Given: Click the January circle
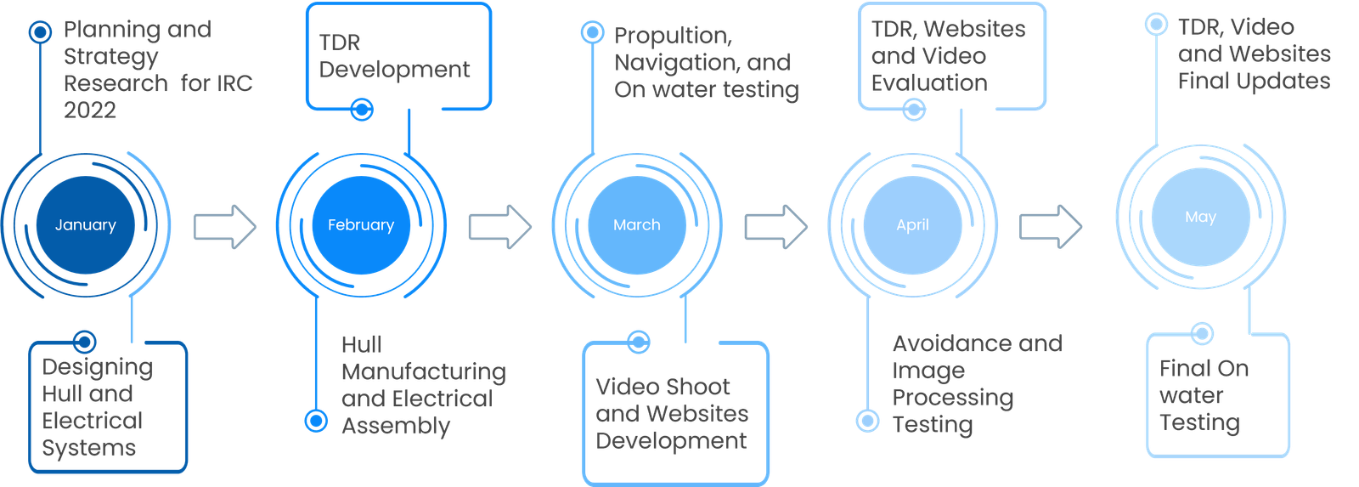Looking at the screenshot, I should click(85, 225).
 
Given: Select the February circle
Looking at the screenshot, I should click(361, 225).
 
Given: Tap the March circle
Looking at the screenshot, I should click(636, 225).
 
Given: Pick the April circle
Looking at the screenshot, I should click(912, 225).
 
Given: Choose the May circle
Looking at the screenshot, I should click(1200, 218).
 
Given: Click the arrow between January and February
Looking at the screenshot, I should click(225, 227).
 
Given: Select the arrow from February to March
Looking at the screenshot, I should click(500, 227).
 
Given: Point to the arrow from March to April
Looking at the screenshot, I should click(775, 227).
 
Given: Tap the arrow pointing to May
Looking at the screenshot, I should click(1051, 226).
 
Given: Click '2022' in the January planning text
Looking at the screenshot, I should click(90, 110).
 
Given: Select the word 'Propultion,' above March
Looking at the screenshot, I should click(673, 36).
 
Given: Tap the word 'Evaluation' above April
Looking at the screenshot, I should click(929, 83).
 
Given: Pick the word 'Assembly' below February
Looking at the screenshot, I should click(396, 426).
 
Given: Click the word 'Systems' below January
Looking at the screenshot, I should click(89, 448).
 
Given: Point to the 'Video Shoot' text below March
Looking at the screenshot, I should click(663, 388).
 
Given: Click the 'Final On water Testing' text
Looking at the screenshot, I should click(1204, 395).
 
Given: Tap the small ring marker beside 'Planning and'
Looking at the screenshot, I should click(40, 32).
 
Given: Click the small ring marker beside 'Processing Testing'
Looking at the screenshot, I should click(867, 420).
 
